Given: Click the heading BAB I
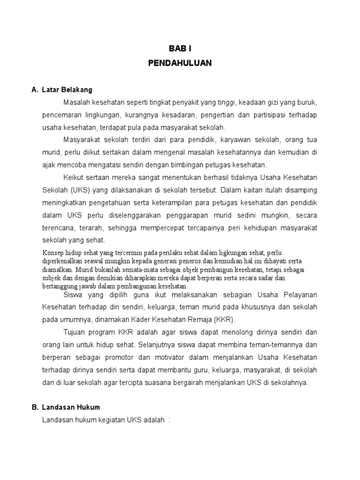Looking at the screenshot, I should [x=180, y=48].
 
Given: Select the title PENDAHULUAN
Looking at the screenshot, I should [x=180, y=63].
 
